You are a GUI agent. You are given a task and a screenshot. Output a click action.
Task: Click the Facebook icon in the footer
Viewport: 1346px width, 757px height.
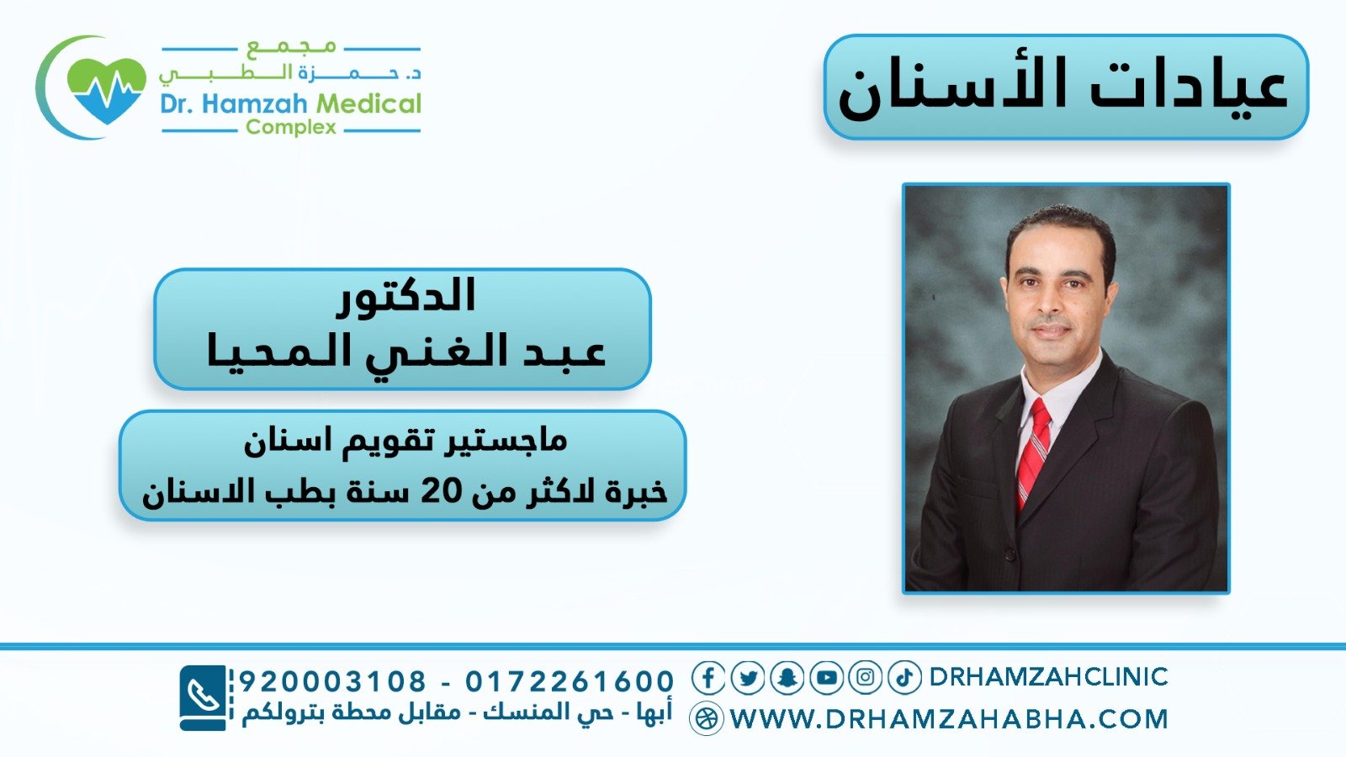pos(707,678)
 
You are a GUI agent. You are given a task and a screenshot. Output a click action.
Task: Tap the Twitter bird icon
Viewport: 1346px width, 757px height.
pos(748,678)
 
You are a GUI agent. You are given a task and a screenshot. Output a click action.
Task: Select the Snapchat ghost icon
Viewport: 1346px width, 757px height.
pos(787,678)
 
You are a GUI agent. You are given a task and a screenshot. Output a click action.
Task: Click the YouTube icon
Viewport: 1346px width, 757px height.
pos(826,678)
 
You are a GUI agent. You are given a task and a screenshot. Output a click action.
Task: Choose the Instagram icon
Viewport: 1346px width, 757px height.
pos(866,678)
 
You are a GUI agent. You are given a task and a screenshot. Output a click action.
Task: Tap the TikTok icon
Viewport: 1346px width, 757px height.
pos(904,678)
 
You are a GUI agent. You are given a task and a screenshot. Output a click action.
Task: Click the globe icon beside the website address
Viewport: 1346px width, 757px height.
pos(706,718)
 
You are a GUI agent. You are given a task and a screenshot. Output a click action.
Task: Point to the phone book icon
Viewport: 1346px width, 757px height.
pos(203,698)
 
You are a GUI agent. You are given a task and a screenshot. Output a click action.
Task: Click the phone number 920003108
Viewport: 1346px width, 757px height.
pos(333,681)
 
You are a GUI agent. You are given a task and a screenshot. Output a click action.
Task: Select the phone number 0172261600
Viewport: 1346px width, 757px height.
pos(570,681)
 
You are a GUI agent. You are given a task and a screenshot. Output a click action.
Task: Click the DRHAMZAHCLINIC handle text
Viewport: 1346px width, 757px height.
pos(1048,677)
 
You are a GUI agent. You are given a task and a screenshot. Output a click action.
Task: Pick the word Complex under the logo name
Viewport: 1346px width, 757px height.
pos(291,127)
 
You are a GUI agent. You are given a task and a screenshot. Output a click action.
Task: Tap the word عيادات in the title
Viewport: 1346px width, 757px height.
pos(1190,88)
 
